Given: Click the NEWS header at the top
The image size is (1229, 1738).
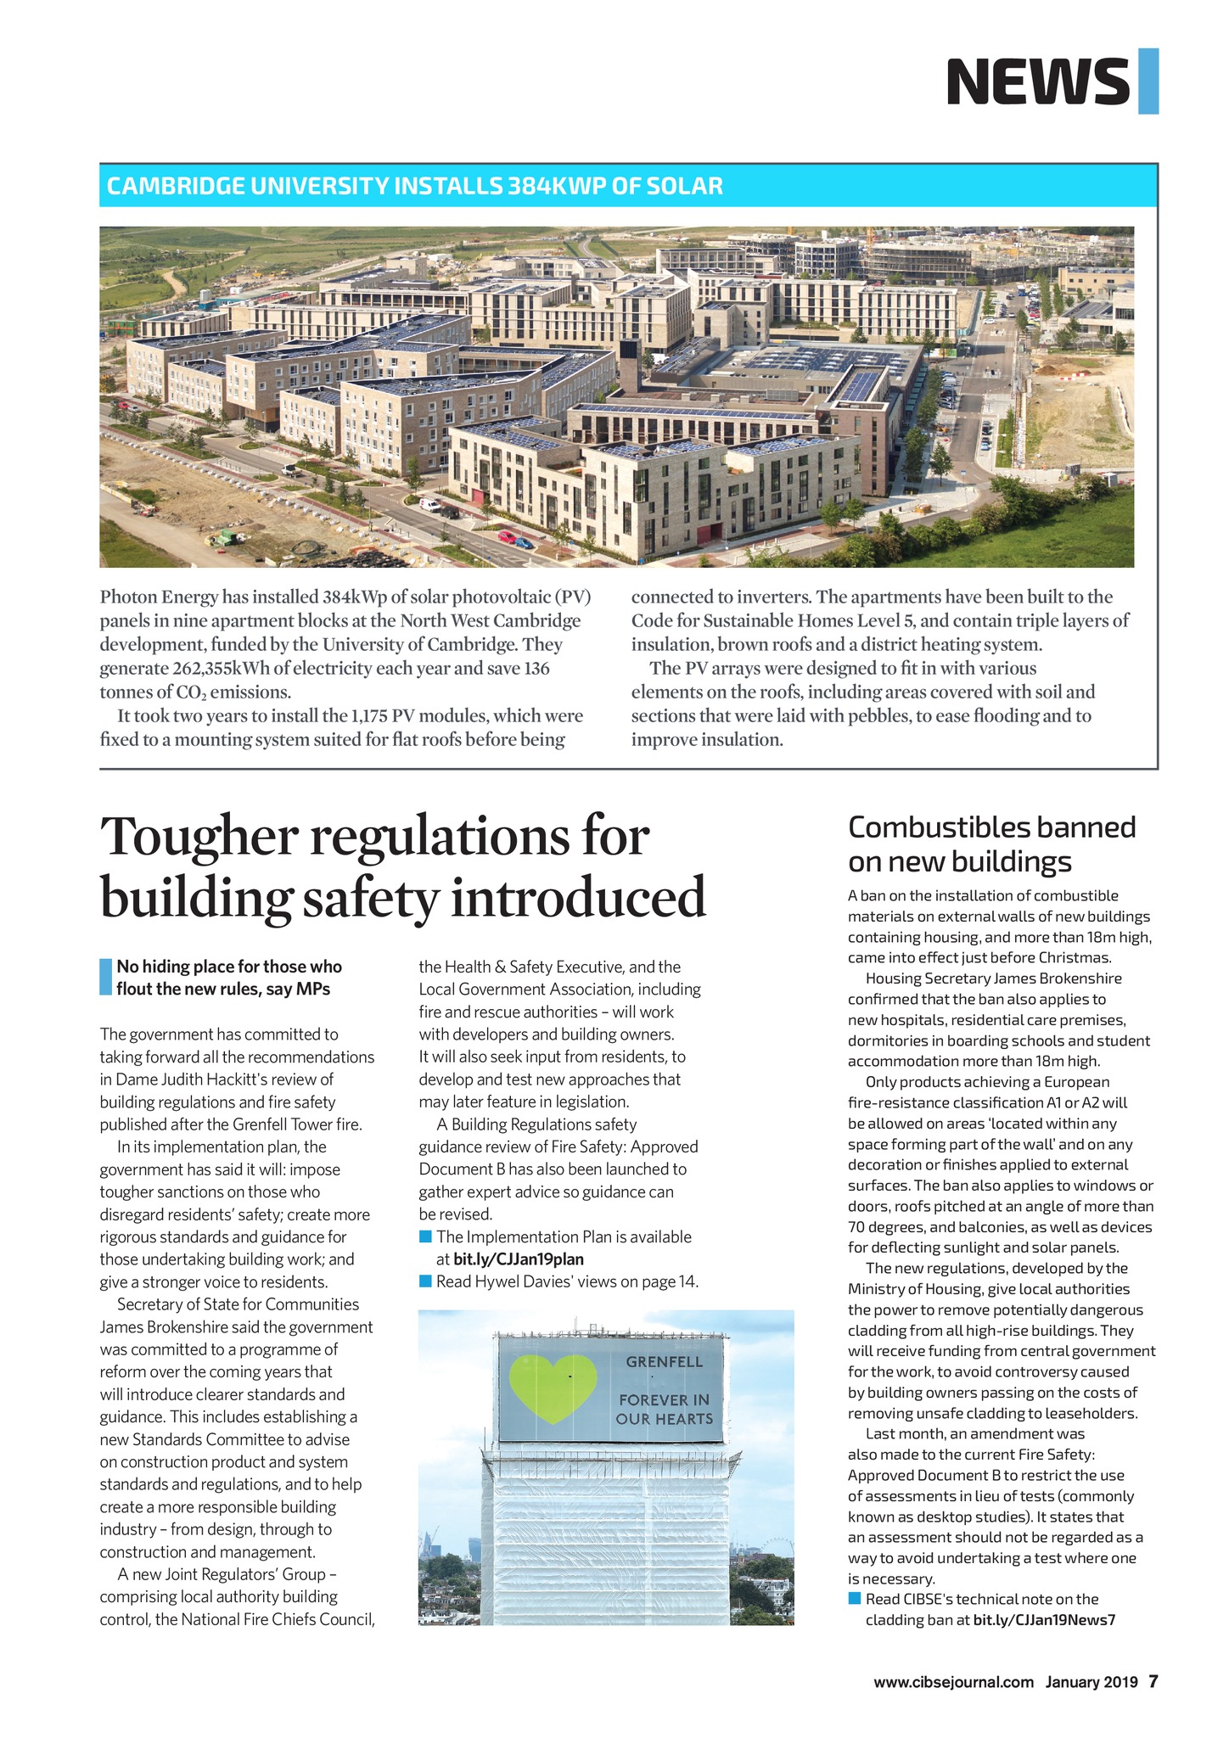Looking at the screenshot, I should pyautogui.click(x=1038, y=81).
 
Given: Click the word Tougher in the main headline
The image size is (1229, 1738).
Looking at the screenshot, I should pyautogui.click(x=199, y=837).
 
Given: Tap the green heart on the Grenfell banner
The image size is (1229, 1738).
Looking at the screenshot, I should pyautogui.click(x=548, y=1389).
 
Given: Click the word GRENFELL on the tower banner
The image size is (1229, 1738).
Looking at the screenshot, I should pyautogui.click(x=664, y=1363).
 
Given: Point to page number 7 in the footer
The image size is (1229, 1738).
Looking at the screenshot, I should pyautogui.click(x=1153, y=1681).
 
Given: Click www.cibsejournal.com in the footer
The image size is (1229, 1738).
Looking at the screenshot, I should pyautogui.click(x=953, y=1682).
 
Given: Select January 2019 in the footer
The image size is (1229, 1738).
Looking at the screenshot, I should pyautogui.click(x=1091, y=1682).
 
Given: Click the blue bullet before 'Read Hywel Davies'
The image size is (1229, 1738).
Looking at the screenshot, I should pyautogui.click(x=426, y=1281).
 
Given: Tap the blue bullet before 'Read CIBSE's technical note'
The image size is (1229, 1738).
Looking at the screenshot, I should pyautogui.click(x=855, y=1599).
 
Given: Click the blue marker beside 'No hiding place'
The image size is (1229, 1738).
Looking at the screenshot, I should pyautogui.click(x=105, y=977).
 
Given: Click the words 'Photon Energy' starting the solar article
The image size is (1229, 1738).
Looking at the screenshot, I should pyautogui.click(x=153, y=597).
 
